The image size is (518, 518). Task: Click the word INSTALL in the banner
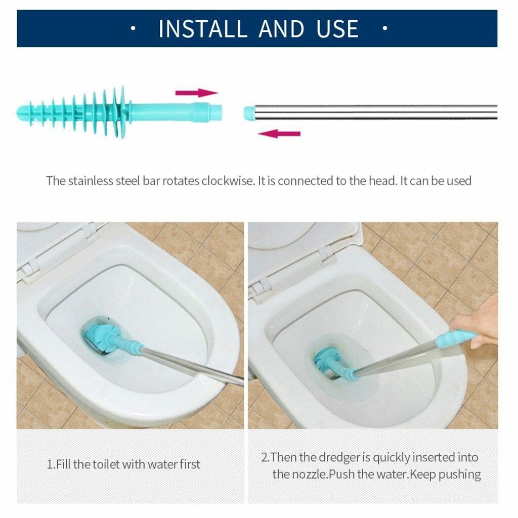tap(203, 29)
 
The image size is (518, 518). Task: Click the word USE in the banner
tap(337, 29)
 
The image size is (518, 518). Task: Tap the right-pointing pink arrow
tap(196, 93)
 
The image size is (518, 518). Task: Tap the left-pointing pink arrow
tap(279, 134)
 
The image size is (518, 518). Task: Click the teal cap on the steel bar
tap(248, 112)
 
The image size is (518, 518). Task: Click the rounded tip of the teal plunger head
tap(21, 109)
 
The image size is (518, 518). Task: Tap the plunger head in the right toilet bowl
tap(329, 360)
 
